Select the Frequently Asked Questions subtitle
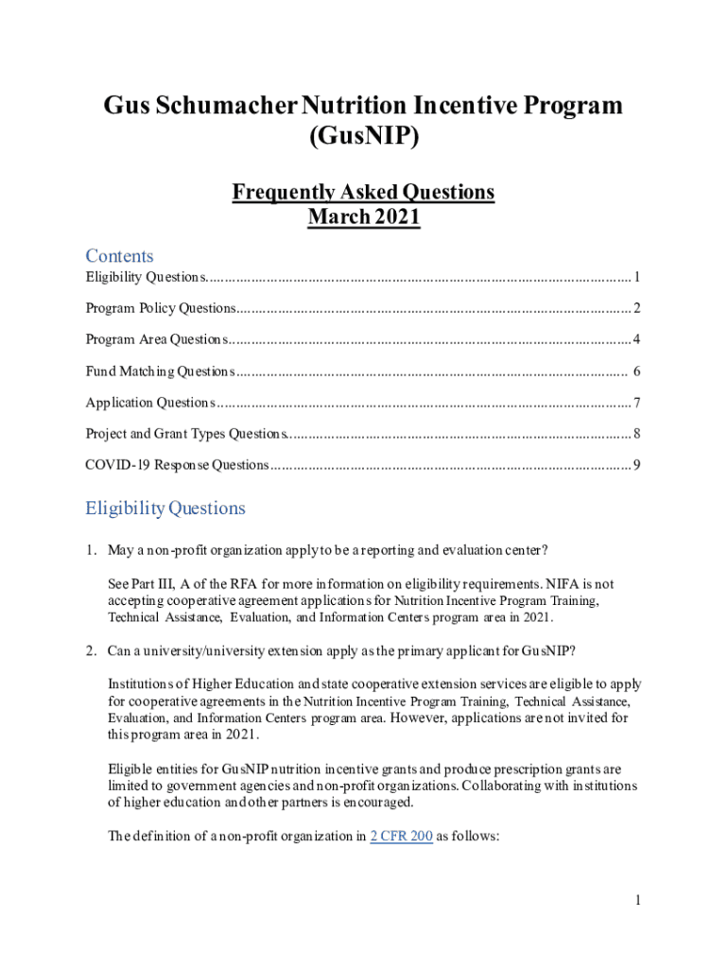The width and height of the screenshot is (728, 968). coord(363,193)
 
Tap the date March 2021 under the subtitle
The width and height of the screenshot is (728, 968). coord(363,217)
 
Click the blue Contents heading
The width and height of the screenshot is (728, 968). coord(119,256)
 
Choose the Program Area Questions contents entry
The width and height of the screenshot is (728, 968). coord(157,340)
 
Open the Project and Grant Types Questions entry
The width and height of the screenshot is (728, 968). coord(186,435)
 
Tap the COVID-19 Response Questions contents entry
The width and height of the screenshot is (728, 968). coord(177,466)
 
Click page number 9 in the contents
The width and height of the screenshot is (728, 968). coord(638,466)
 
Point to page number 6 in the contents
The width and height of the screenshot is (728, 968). coord(638,372)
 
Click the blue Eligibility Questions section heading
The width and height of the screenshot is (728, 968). coord(165,509)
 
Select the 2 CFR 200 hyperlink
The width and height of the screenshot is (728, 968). coord(401,837)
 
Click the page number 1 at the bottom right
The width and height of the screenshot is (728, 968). coord(638,901)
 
